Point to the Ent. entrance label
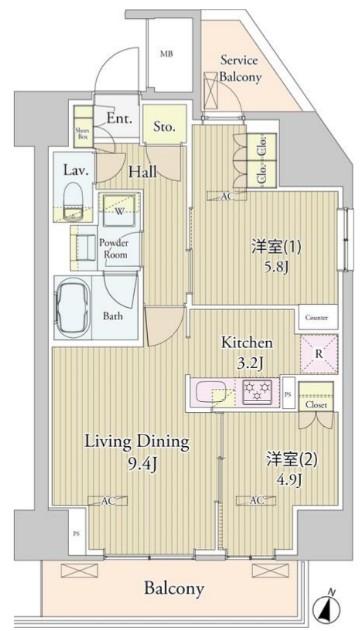pos(120,118)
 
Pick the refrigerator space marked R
pos(318,353)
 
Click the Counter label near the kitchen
pos(317,317)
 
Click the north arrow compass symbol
pos(325,606)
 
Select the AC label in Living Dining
pos(106,500)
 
